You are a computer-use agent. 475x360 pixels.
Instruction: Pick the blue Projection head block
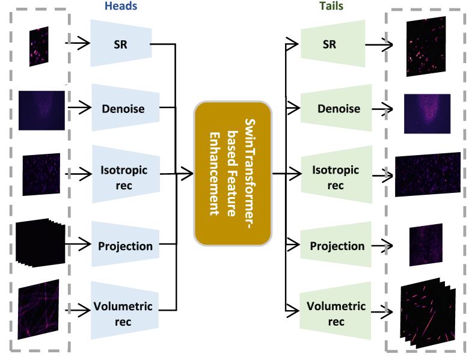click(x=125, y=245)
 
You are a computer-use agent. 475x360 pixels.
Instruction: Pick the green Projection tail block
click(x=337, y=246)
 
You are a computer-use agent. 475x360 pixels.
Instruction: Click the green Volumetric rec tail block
click(x=336, y=314)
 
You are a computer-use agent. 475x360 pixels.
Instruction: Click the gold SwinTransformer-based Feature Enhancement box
click(x=233, y=174)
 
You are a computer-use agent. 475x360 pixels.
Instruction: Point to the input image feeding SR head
click(x=39, y=46)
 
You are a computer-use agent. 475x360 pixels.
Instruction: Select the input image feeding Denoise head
click(x=41, y=110)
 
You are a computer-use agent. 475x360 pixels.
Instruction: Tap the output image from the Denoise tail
click(x=426, y=112)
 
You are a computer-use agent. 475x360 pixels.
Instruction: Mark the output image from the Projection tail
click(x=426, y=245)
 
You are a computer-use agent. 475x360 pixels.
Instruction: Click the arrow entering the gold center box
click(x=186, y=174)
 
